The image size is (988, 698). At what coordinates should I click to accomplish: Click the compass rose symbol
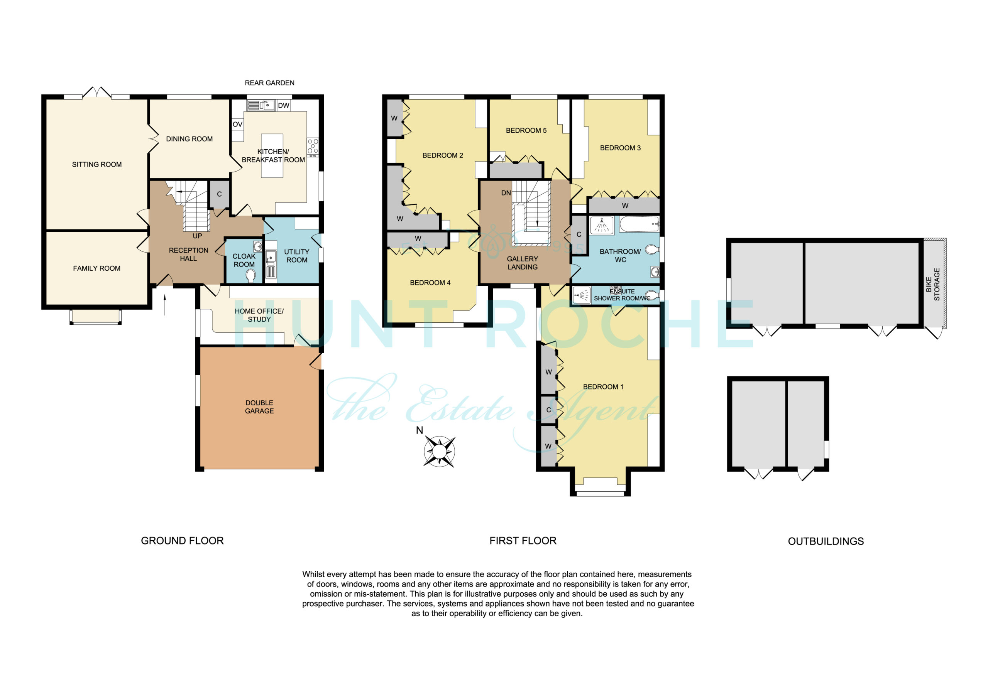pos(439,451)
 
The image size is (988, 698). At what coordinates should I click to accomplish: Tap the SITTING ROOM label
pos(97,164)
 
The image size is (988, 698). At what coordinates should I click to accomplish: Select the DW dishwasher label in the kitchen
pos(284,105)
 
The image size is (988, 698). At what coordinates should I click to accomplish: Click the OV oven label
pos(237,124)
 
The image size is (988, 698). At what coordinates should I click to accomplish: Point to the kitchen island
pos(272,156)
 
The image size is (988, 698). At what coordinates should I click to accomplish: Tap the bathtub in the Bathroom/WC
pos(639,224)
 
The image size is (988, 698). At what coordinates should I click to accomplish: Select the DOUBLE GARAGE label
pos(259,407)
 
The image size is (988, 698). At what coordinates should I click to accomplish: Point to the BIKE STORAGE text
pos(933,284)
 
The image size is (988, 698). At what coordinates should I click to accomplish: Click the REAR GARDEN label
pos(269,83)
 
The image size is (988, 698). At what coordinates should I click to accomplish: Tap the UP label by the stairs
pos(197,236)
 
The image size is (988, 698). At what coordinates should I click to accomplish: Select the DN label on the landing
pos(506,193)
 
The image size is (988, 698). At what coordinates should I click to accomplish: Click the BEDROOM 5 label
pos(526,130)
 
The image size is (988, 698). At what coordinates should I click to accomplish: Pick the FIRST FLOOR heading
pos(523,541)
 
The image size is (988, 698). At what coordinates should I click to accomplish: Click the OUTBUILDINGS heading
pos(826,541)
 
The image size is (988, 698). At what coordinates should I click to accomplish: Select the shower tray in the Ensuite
pos(581,295)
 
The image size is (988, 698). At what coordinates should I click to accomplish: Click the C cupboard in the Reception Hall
pos(220,194)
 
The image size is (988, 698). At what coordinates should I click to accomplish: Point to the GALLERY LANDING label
pos(523,263)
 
